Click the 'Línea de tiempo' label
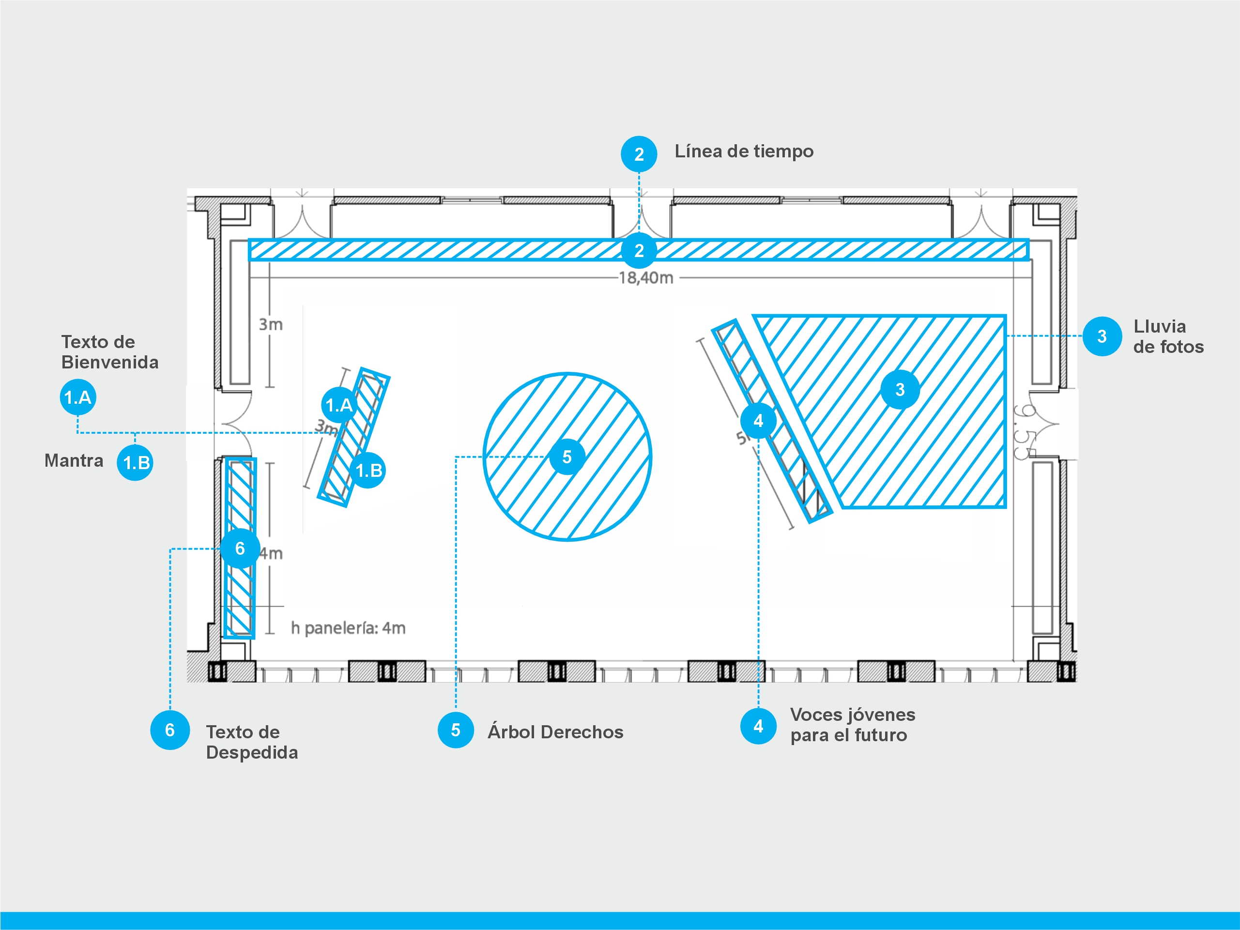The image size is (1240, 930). click(744, 152)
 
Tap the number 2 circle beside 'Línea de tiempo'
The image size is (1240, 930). click(639, 154)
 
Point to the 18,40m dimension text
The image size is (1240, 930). click(646, 278)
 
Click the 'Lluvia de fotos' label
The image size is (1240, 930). click(1168, 336)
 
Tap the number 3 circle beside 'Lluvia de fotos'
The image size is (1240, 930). click(1102, 336)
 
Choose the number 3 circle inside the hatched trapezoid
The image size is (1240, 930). click(900, 389)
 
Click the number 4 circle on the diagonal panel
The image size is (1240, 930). click(758, 420)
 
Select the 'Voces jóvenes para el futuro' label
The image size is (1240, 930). click(852, 725)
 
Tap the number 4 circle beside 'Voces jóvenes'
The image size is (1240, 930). click(758, 726)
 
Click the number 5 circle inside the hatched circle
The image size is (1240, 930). click(567, 457)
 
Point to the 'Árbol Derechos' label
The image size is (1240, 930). click(555, 732)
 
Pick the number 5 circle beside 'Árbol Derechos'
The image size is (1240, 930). click(455, 730)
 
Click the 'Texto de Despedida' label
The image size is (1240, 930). click(252, 742)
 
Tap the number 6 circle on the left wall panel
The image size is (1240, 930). click(240, 548)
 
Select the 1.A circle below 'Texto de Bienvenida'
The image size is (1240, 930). click(78, 397)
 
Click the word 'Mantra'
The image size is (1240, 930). click(74, 461)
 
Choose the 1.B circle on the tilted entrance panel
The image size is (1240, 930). click(368, 471)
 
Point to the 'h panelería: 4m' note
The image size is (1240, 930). click(348, 628)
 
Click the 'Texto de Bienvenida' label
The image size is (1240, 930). click(110, 352)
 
